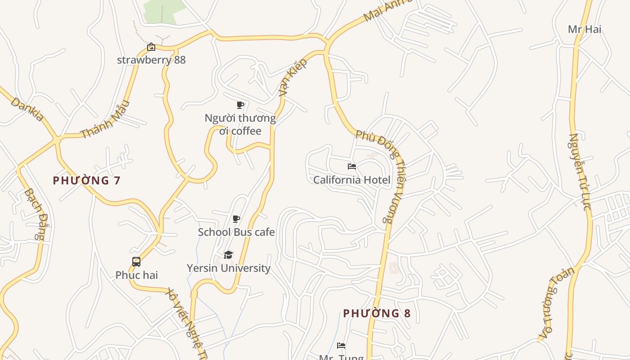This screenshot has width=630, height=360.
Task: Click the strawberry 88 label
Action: pyautogui.click(x=151, y=60)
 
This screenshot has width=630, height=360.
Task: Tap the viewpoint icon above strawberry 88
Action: pyautogui.click(x=151, y=47)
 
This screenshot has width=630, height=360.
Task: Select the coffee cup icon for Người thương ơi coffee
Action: pyautogui.click(x=240, y=105)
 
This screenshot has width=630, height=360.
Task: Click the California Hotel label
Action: pyautogui.click(x=351, y=180)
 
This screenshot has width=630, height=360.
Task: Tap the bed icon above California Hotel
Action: pyautogui.click(x=352, y=166)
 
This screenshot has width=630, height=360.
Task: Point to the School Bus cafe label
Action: pyautogui.click(x=236, y=232)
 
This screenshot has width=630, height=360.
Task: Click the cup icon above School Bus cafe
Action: pyautogui.click(x=236, y=219)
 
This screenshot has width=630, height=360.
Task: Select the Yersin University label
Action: pyautogui.click(x=229, y=268)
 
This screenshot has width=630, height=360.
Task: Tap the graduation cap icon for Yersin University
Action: pyautogui.click(x=229, y=255)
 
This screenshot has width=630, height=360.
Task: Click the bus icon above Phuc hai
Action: pyautogui.click(x=136, y=262)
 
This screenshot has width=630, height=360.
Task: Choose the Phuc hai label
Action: pyautogui.click(x=136, y=275)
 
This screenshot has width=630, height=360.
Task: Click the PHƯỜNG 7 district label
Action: pyautogui.click(x=86, y=180)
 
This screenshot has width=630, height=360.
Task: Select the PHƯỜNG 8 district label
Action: pyautogui.click(x=377, y=313)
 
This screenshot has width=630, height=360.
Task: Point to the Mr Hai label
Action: pyautogui.click(x=584, y=29)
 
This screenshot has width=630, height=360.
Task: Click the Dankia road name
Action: pyautogui.click(x=27, y=109)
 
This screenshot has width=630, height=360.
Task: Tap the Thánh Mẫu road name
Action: pyautogui.click(x=105, y=119)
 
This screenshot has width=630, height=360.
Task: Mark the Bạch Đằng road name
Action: pyautogui.click(x=35, y=213)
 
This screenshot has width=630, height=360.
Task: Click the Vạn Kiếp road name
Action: pyautogui.click(x=292, y=76)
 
